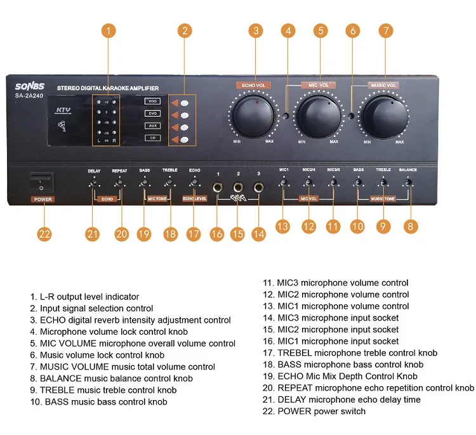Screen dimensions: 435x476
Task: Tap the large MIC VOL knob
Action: click(x=319, y=115)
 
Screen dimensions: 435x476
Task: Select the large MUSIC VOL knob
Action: click(x=385, y=115)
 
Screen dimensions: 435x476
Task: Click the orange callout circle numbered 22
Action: click(x=44, y=233)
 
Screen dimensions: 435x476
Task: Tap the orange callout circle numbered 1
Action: click(x=110, y=30)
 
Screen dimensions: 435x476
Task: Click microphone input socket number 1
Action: click(x=218, y=188)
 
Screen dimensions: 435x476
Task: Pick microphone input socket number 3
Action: click(x=259, y=188)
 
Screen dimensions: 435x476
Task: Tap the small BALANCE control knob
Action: click(x=408, y=183)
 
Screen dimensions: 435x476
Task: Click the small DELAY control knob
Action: click(x=94, y=183)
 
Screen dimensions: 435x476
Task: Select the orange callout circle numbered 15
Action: click(x=238, y=233)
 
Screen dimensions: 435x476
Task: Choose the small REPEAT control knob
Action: click(x=119, y=183)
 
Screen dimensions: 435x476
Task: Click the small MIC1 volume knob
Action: click(x=284, y=183)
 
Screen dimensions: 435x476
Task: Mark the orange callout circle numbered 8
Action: click(x=412, y=225)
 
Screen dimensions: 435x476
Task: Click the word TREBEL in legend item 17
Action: click(x=294, y=353)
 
